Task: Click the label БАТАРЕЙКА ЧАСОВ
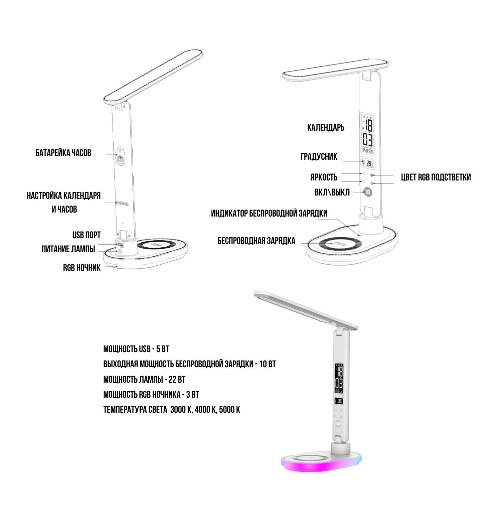click(63, 153)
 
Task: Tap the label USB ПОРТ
click(87, 235)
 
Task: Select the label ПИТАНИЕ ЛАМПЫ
click(68, 249)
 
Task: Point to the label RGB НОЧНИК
click(82, 268)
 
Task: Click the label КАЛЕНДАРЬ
click(326, 127)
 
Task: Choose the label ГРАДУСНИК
click(319, 156)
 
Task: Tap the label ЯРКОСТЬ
click(324, 177)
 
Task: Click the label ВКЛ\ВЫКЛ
click(332, 193)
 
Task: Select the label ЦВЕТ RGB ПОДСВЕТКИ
click(436, 177)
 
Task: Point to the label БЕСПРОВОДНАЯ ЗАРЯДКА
click(257, 241)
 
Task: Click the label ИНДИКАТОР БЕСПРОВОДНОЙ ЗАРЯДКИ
click(269, 213)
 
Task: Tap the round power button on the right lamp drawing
click(368, 192)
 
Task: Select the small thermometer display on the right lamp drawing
click(368, 163)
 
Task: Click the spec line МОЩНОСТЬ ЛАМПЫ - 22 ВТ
click(144, 379)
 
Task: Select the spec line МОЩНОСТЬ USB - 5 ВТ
click(136, 349)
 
